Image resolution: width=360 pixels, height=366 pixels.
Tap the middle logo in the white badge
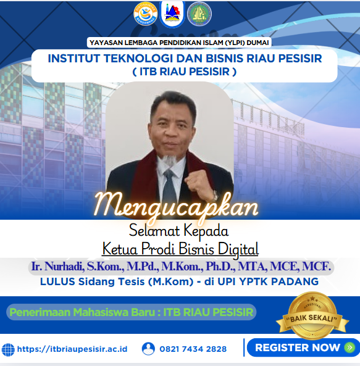[172, 14]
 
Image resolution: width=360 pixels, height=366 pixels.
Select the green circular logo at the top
[199, 13]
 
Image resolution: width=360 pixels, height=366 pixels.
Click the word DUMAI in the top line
[257, 43]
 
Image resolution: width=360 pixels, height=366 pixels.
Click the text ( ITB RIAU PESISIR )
[185, 72]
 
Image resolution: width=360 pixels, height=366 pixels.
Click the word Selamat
[149, 232]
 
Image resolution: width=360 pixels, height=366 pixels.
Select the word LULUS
[58, 281]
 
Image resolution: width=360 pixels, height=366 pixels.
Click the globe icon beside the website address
[8, 349]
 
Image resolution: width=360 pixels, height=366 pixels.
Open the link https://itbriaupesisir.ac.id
[72, 349]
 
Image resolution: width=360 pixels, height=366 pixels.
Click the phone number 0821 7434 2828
[192, 349]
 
